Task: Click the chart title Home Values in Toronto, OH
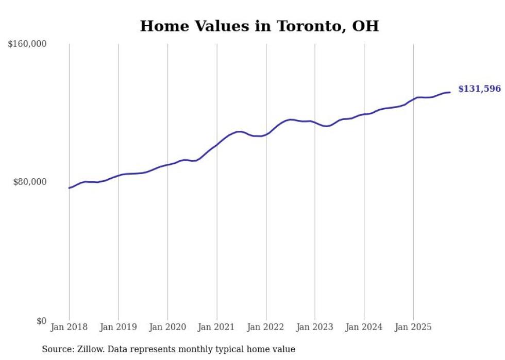pyautogui.click(x=259, y=26)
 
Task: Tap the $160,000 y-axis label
pyautogui.click(x=27, y=44)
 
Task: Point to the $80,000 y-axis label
pyautogui.click(x=29, y=182)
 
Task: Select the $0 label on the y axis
pyautogui.click(x=41, y=321)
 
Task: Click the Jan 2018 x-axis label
pyautogui.click(x=69, y=327)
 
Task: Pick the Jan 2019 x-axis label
pyautogui.click(x=119, y=327)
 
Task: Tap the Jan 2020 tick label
pyautogui.click(x=167, y=327)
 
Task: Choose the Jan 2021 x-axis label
pyautogui.click(x=216, y=327)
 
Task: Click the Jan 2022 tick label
pyautogui.click(x=266, y=327)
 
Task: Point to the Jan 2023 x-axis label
pyautogui.click(x=315, y=327)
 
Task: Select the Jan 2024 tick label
pyautogui.click(x=364, y=327)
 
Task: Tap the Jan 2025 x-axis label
pyautogui.click(x=413, y=327)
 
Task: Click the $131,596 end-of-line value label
pyautogui.click(x=479, y=89)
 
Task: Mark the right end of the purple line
pyautogui.click(x=450, y=92)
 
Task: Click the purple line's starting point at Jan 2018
pyautogui.click(x=69, y=188)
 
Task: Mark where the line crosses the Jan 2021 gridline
pyautogui.click(x=216, y=145)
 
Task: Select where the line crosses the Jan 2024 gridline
pyautogui.click(x=364, y=114)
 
